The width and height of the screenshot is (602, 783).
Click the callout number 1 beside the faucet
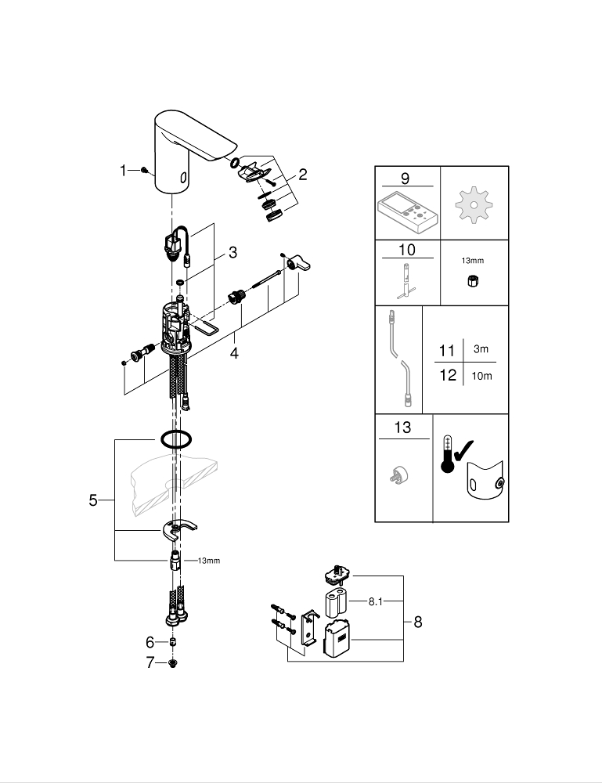124,170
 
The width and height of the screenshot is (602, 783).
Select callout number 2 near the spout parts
302,175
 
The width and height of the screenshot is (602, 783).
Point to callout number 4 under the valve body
233,352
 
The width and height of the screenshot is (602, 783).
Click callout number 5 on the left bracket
93,500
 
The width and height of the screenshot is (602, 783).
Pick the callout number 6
150,642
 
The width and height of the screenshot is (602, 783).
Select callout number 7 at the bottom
150,663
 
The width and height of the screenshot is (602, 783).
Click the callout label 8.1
376,601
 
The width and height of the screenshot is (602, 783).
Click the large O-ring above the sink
175,440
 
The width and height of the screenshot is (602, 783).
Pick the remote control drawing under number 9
407,209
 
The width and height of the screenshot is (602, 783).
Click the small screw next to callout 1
144,170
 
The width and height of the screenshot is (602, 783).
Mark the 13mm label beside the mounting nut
208,561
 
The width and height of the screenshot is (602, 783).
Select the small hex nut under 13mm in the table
474,282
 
